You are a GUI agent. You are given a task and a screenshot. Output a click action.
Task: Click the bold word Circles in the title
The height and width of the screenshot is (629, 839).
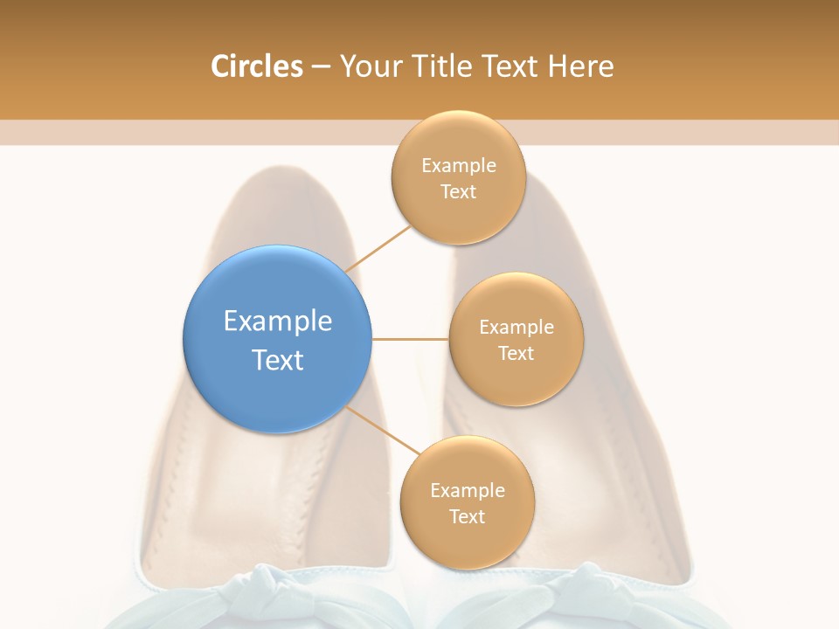point(256,66)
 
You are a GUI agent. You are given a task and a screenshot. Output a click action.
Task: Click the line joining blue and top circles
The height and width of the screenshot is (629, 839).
point(378,248)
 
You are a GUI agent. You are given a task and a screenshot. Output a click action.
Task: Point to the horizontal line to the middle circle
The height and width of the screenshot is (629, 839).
point(411,339)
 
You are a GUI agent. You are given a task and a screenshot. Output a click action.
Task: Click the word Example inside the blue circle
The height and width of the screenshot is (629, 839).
point(278,321)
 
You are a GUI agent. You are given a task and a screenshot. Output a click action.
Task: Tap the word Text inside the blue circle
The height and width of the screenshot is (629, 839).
point(278,360)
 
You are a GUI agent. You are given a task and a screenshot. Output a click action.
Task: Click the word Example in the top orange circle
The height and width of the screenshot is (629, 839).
point(459,166)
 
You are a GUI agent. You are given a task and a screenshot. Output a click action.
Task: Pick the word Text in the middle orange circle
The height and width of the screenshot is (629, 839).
point(516,354)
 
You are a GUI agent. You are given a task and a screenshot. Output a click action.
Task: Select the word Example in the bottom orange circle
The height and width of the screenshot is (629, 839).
point(468,491)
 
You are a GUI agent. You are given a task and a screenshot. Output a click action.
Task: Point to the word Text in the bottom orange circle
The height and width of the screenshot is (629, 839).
point(467,517)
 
